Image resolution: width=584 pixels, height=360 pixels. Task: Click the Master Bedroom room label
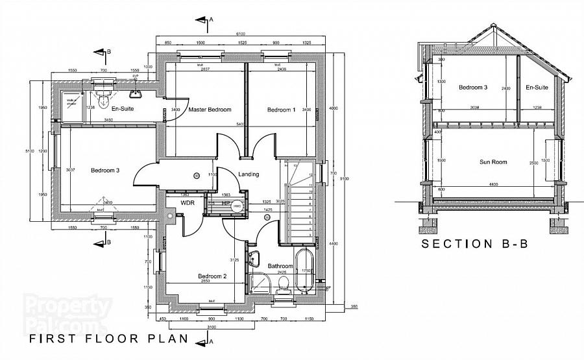[210, 110]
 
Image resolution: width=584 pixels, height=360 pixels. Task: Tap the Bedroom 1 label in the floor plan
[281, 110]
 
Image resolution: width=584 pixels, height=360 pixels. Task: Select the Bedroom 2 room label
[212, 276]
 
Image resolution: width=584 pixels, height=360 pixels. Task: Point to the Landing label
[249, 174]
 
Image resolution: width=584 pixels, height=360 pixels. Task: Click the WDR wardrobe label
[188, 203]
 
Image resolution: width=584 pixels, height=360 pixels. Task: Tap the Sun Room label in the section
[493, 162]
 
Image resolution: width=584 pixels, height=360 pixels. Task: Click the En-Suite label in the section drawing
[537, 87]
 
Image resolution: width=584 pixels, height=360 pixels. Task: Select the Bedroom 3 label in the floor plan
[105, 171]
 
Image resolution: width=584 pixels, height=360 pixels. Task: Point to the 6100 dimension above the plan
[240, 34]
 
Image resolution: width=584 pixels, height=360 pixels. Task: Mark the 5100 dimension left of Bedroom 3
[29, 150]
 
